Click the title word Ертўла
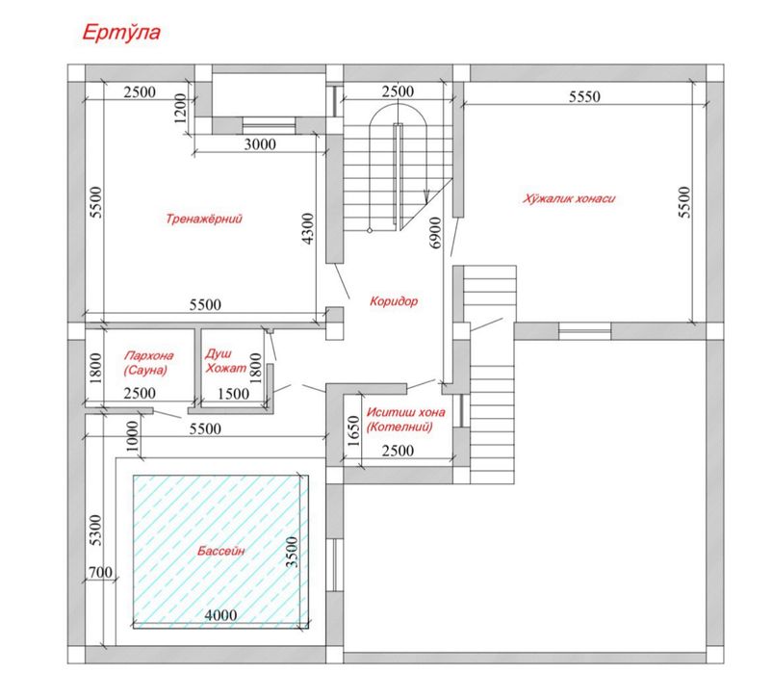[121, 33]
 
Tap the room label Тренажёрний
[204, 219]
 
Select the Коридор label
[394, 300]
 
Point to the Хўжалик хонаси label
[569, 198]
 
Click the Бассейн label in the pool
[220, 551]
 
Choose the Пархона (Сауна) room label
[148, 362]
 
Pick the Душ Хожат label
[225, 360]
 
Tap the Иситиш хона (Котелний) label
[405, 419]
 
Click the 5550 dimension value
[584, 96]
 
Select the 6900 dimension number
[436, 232]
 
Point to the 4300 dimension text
[308, 229]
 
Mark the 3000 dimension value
[260, 144]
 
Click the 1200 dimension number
[180, 109]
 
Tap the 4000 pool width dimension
[220, 615]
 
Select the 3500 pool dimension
[293, 552]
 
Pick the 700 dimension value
[100, 573]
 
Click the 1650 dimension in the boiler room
[353, 430]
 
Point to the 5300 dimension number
[96, 530]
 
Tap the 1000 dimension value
[132, 436]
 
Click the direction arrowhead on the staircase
[426, 196]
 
